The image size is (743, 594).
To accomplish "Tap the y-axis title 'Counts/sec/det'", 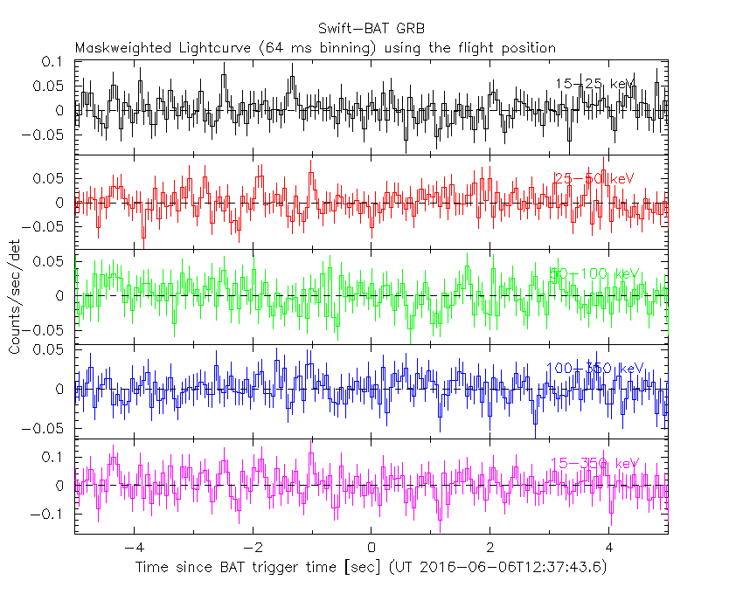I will [x=15, y=298].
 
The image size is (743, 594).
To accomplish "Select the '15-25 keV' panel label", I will [x=595, y=84].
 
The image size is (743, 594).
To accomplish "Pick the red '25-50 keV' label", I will [x=594, y=178].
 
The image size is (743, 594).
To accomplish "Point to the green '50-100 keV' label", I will [x=595, y=273].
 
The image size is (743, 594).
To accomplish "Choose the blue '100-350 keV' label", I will [x=594, y=369].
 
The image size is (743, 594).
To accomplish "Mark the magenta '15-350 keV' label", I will [x=595, y=463].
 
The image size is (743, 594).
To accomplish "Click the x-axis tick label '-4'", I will [x=131, y=549].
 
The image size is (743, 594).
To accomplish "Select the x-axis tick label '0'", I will [x=371, y=549].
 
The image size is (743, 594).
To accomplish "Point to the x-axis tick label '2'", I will [x=490, y=549].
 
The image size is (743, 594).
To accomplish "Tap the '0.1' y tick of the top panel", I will [x=54, y=62].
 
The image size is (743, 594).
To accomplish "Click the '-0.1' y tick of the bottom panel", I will [x=50, y=515].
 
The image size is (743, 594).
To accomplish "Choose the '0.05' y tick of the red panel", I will [x=50, y=178].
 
